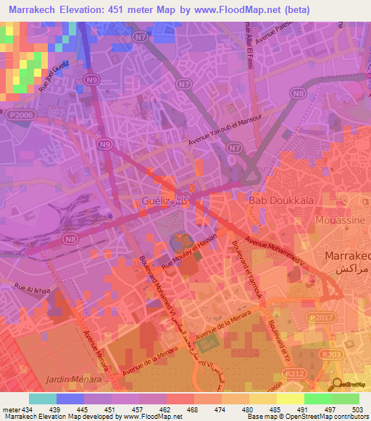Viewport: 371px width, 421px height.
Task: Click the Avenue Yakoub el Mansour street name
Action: [x=228, y=132]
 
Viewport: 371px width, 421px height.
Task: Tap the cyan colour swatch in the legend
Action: [x=43, y=399]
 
